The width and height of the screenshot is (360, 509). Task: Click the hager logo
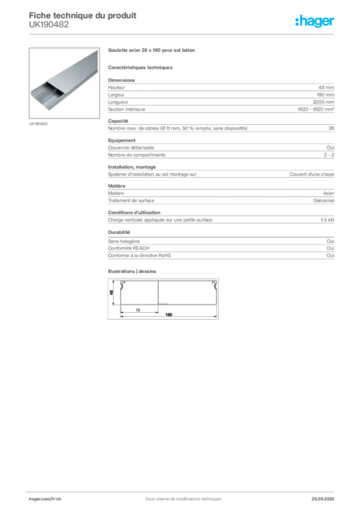click(314, 21)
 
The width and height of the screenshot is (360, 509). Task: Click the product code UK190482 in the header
click(49, 25)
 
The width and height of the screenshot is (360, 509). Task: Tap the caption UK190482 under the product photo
click(38, 124)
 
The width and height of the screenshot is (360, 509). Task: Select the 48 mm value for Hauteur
click(326, 87)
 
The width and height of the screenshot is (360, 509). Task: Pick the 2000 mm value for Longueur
click(323, 102)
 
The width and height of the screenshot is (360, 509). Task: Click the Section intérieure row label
click(127, 109)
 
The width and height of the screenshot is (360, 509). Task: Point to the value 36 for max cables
click(331, 128)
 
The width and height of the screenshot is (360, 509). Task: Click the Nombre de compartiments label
click(137, 155)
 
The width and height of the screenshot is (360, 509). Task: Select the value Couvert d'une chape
click(312, 174)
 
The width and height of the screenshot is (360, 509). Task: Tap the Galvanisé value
click(324, 201)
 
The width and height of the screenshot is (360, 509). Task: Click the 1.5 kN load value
click(327, 220)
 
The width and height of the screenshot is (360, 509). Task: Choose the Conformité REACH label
click(129, 249)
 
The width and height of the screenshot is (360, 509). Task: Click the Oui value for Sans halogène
click(330, 241)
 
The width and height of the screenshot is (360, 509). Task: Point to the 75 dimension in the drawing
click(138, 310)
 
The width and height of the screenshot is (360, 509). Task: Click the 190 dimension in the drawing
click(169, 315)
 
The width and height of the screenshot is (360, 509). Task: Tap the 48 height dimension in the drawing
click(111, 292)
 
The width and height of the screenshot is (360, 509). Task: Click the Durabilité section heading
click(119, 233)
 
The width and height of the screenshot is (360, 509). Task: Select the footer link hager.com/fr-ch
click(45, 499)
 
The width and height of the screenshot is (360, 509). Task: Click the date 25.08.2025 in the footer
click(323, 499)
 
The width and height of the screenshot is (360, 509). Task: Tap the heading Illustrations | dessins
click(132, 271)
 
